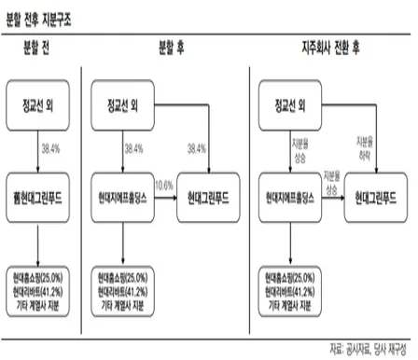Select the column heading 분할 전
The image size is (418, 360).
pyautogui.click(x=38, y=47)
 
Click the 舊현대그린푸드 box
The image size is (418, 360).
pyautogui.click(x=38, y=200)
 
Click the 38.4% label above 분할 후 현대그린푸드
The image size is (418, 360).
pyautogui.click(x=198, y=147)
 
